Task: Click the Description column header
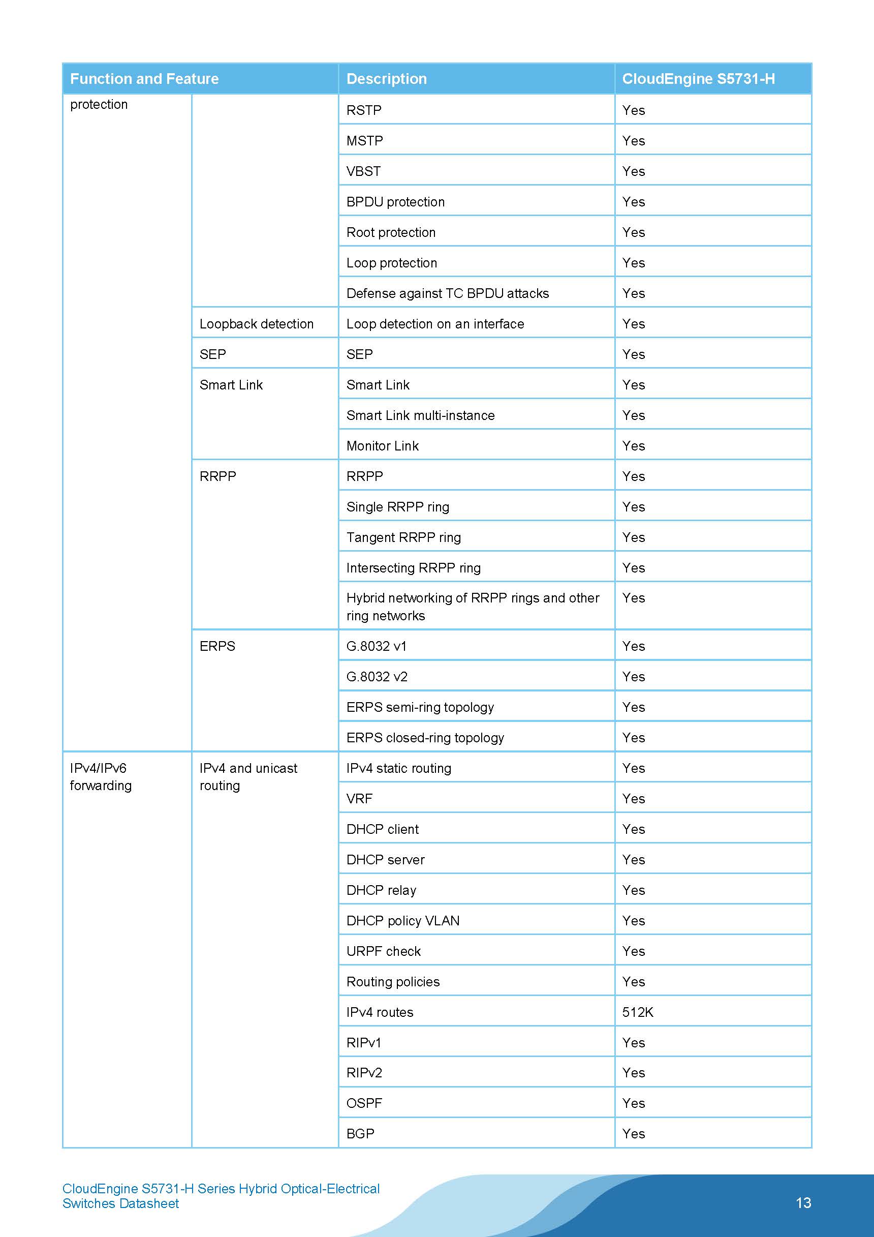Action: (386, 79)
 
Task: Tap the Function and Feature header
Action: (144, 79)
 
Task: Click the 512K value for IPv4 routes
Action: (638, 1012)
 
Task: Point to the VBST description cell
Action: (363, 171)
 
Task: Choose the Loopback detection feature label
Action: (256, 324)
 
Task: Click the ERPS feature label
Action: (217, 646)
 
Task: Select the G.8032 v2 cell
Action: (377, 677)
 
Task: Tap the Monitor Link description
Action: (382, 446)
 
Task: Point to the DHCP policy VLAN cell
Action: (403, 921)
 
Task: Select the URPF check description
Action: (384, 951)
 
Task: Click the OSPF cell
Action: (364, 1103)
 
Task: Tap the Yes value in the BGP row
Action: (633, 1134)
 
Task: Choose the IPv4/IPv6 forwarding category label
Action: (101, 776)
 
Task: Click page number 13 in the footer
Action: (803, 1203)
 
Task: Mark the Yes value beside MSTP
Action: (633, 141)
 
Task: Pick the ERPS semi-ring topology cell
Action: (420, 707)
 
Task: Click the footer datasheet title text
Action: (221, 1196)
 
